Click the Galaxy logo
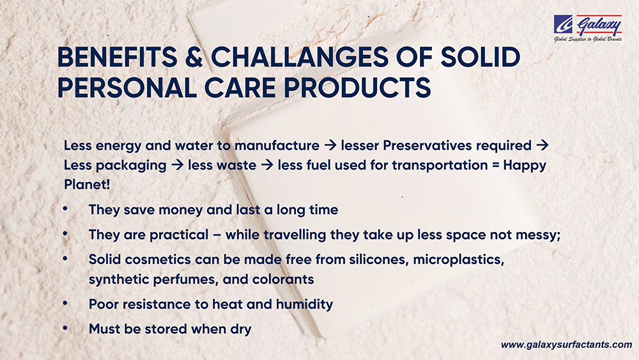point(587,27)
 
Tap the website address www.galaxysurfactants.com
point(566,345)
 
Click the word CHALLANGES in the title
point(300,57)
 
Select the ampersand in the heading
point(194,57)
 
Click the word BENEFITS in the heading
point(118,57)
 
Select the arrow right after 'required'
point(543,145)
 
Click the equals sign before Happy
point(495,166)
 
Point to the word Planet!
point(87,184)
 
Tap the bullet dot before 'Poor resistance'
point(65,303)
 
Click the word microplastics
point(459,260)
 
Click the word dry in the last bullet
point(241,329)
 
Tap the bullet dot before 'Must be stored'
point(65,328)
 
